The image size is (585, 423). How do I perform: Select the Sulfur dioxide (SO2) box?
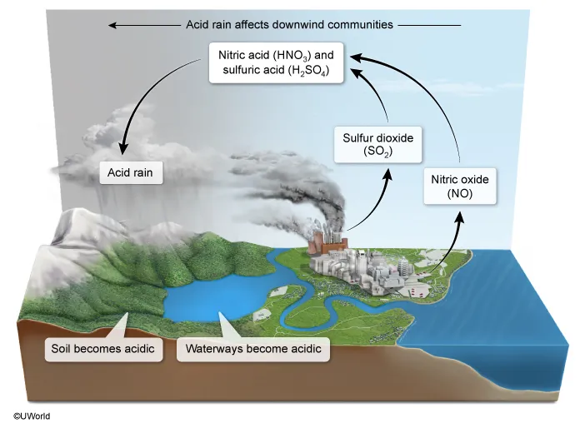378,144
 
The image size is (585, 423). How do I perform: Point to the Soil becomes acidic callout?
102,348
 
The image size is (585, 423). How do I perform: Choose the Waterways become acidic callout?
253,348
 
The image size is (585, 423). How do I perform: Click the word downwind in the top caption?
307,25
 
